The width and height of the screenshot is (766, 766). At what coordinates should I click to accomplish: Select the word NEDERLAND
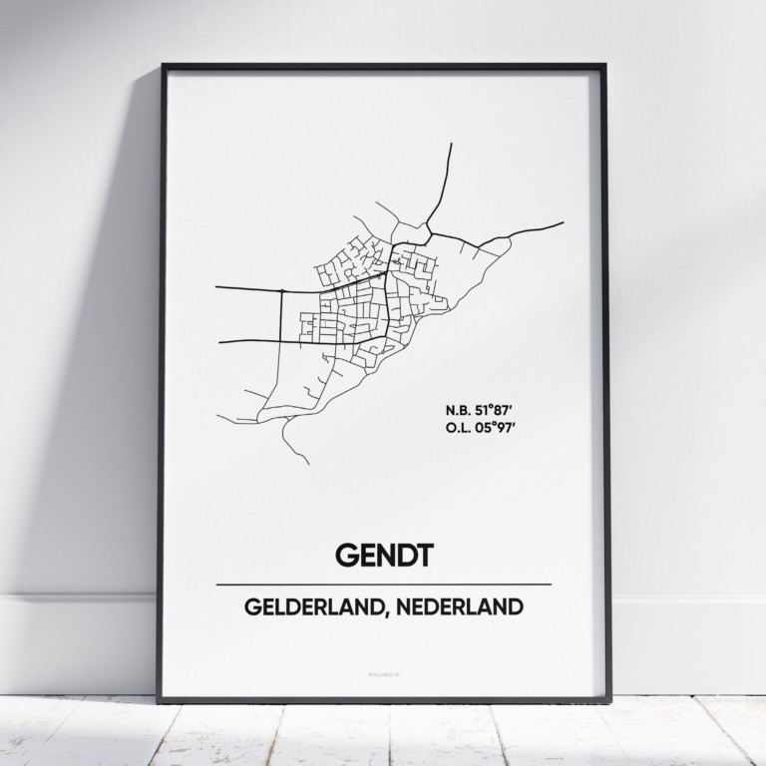(x=468, y=607)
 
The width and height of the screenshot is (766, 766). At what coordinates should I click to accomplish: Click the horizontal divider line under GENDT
(x=383, y=583)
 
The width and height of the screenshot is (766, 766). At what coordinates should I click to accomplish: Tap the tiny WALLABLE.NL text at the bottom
(x=383, y=674)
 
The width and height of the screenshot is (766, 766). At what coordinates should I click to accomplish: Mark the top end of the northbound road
(x=451, y=145)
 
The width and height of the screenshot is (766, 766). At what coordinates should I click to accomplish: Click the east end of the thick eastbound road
(x=563, y=222)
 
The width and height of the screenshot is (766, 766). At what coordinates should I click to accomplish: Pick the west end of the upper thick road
(x=217, y=288)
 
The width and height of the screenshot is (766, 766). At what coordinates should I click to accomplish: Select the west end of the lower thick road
(x=219, y=342)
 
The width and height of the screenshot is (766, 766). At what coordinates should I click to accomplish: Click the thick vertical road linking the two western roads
(x=282, y=314)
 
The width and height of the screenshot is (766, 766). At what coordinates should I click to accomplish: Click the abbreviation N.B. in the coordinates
(x=458, y=409)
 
